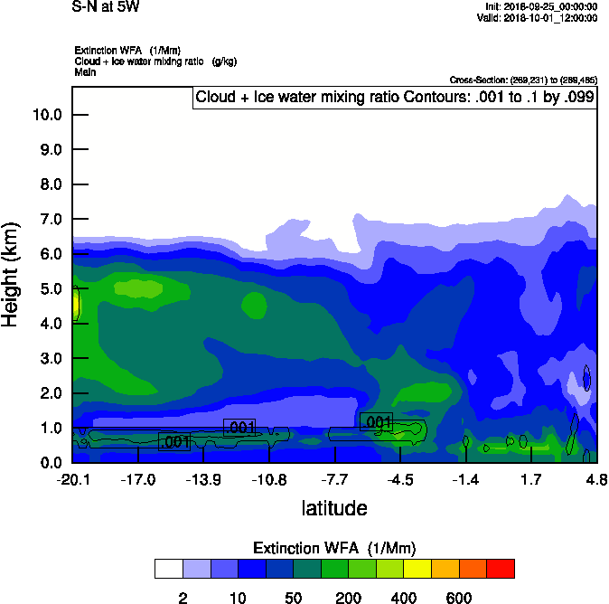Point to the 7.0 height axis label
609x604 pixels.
click(51, 220)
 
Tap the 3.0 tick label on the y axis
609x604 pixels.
click(51, 359)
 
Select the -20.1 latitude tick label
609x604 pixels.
click(72, 478)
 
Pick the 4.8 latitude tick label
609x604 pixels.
click(596, 478)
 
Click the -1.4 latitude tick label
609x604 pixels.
click(465, 478)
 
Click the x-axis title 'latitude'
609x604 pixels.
click(334, 508)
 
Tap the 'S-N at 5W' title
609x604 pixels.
click(107, 7)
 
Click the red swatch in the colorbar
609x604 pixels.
click(501, 569)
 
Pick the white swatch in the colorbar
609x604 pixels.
click(168, 569)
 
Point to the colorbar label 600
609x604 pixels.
click(459, 598)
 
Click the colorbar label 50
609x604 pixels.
click(293, 598)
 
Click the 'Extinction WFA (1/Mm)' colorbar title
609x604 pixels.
click(334, 548)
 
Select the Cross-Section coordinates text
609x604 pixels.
click(522, 80)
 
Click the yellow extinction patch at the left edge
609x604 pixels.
click(76, 304)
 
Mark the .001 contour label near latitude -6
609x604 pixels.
click(376, 421)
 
